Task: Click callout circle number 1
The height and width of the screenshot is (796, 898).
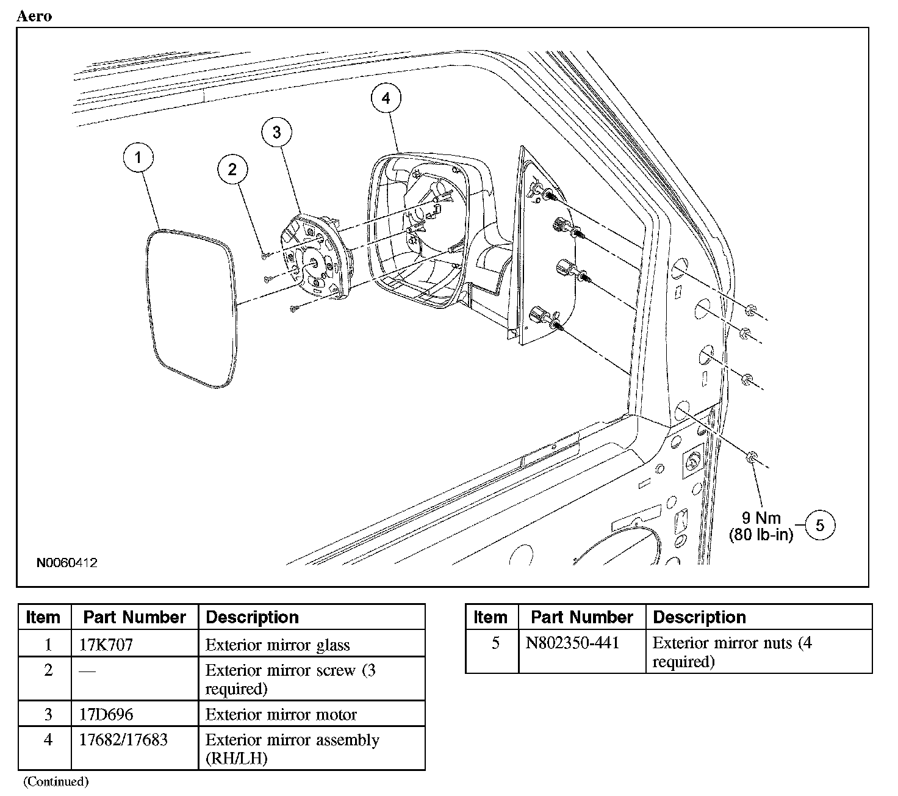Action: [x=138, y=158]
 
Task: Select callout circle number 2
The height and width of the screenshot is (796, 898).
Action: [x=232, y=169]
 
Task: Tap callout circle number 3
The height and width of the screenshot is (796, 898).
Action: [x=277, y=132]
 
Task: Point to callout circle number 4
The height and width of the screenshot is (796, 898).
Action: [x=386, y=98]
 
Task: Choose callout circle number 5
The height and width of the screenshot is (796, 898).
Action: [x=819, y=526]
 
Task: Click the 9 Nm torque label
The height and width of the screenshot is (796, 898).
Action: [x=761, y=518]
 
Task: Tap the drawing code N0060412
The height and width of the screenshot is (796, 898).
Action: [x=66, y=563]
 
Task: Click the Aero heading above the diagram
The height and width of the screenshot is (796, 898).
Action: [x=34, y=16]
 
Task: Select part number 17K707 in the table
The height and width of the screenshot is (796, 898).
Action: [x=106, y=645]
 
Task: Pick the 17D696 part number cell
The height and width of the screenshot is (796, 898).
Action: [x=106, y=714]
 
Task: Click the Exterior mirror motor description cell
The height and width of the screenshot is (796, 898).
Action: [x=281, y=714]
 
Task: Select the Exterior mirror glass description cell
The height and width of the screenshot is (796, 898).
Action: [x=278, y=645]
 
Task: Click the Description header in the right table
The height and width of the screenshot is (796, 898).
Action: [x=699, y=617]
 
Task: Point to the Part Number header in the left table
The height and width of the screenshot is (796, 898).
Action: [x=135, y=617]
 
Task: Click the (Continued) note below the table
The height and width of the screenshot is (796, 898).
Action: [x=56, y=781]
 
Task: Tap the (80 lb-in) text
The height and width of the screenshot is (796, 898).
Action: [x=761, y=535]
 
